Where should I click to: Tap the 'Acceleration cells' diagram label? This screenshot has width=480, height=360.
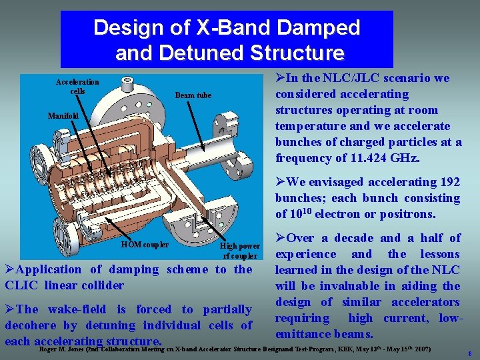tap(77, 86)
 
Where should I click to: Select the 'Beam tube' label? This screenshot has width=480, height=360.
tap(193, 95)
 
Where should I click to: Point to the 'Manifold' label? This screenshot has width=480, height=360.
tap(63, 116)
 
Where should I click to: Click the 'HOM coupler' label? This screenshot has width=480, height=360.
tap(145, 245)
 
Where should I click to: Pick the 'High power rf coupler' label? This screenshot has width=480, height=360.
tap(240, 251)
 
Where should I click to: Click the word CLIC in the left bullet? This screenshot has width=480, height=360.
tap(21, 285)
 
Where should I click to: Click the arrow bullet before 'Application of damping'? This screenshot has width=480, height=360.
tap(9, 269)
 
